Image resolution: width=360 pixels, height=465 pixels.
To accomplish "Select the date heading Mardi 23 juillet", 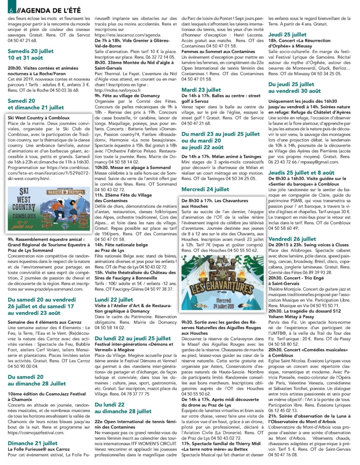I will coord(201,90).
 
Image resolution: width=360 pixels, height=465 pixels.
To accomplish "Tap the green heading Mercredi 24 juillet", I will coord(205,189).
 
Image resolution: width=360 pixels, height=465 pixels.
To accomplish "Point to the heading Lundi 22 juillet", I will coord(114,300).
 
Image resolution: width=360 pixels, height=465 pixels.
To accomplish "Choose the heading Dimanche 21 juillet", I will coord(32,443).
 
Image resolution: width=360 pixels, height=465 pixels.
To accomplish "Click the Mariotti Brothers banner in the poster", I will coord(66,192).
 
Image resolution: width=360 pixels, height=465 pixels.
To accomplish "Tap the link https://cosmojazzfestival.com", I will coord(36,433).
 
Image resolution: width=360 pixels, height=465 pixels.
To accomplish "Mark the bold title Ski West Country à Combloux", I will coord(39,118).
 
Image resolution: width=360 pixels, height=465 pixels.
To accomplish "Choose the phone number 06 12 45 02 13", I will coord(283,410).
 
